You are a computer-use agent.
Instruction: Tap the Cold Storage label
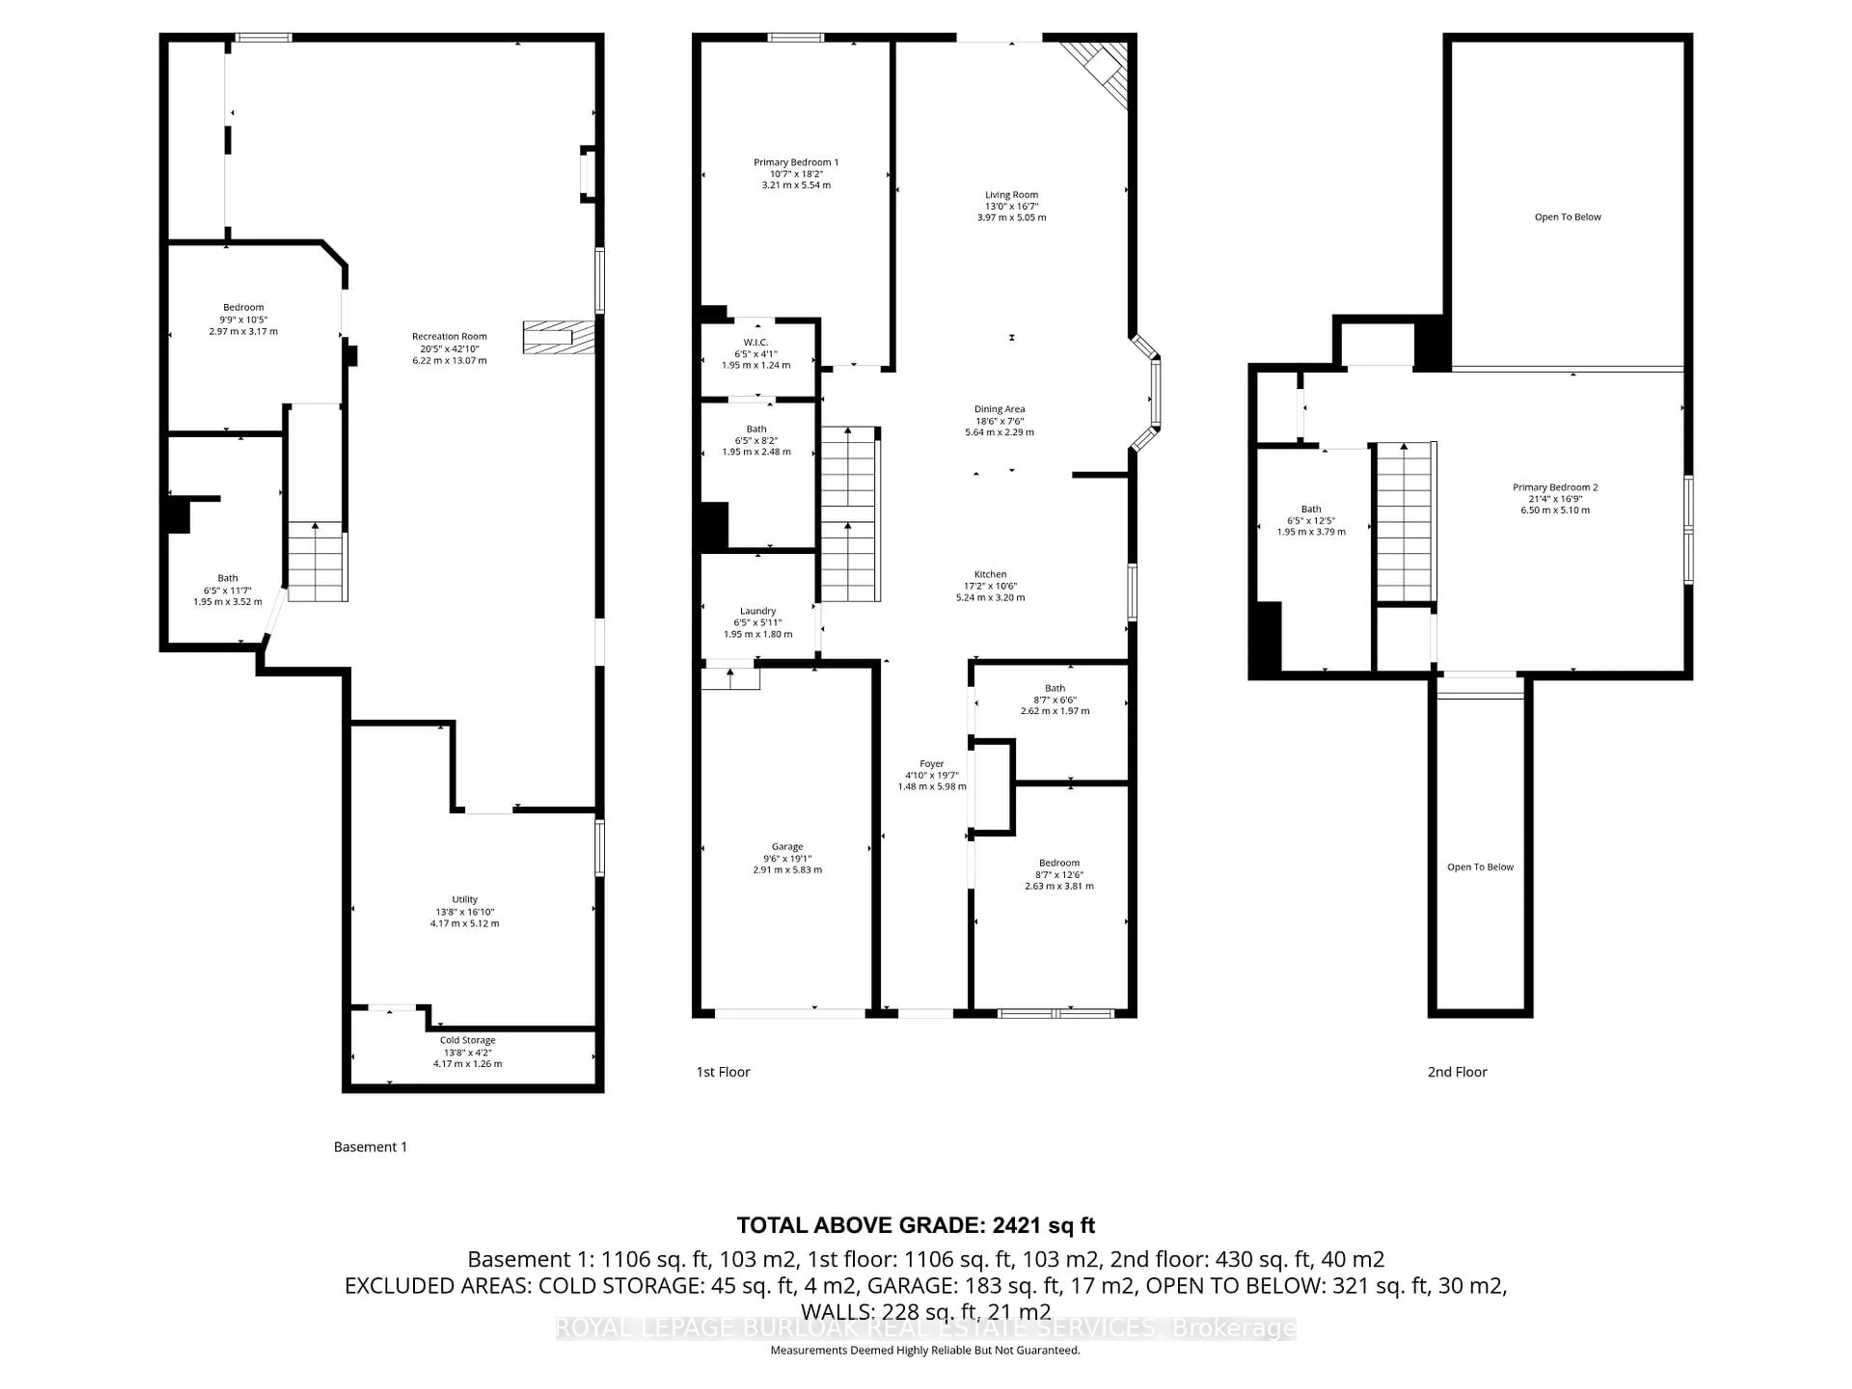(467, 1040)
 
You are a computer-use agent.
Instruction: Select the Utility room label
(464, 899)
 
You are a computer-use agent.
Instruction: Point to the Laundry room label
(758, 611)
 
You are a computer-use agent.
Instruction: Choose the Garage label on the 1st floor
(787, 846)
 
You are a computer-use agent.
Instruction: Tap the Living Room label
(1011, 194)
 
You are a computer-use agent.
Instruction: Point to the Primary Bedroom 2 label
(1555, 487)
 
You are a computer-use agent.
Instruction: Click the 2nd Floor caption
(1457, 1072)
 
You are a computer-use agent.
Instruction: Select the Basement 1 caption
(370, 1147)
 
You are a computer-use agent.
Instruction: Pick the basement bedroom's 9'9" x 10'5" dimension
(243, 319)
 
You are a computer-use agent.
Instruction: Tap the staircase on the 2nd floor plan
(1406, 522)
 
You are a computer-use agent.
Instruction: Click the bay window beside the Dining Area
(1151, 392)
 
